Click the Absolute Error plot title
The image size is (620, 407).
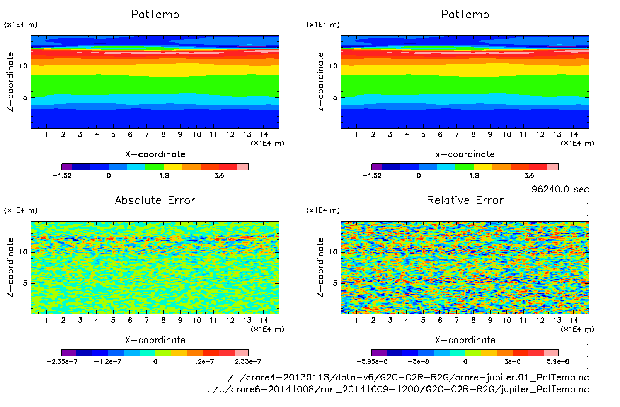pyautogui.click(x=155, y=200)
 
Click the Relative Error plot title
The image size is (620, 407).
pyautogui.click(x=465, y=200)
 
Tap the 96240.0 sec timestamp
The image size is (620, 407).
pyautogui.click(x=560, y=189)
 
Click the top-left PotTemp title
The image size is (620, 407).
pyautogui.click(x=155, y=14)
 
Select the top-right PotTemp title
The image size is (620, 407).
pyautogui.click(x=465, y=14)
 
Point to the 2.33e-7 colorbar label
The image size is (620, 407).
pyautogui.click(x=248, y=361)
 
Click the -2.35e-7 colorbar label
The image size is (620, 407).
pyautogui.click(x=62, y=361)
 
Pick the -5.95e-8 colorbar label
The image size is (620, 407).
pyautogui.click(x=372, y=361)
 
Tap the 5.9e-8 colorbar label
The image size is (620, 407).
pyautogui.click(x=558, y=361)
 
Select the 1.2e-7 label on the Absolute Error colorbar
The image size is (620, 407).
pyautogui.click(x=203, y=361)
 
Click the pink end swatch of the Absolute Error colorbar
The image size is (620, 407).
pyautogui.click(x=241, y=353)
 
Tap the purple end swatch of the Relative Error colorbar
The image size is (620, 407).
pyautogui.click(x=379, y=353)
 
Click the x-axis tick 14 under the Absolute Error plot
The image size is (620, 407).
pyautogui.click(x=264, y=320)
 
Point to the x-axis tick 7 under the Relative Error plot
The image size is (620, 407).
pyautogui.click(x=456, y=320)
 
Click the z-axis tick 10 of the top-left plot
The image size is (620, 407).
pyautogui.click(x=24, y=66)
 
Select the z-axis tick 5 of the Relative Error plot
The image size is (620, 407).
pyautogui.click(x=335, y=283)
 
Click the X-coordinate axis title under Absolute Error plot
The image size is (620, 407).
pyautogui.click(x=155, y=340)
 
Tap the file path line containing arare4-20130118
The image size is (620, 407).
pyautogui.click(x=405, y=377)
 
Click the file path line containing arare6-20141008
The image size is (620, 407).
pyautogui.click(x=398, y=389)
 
